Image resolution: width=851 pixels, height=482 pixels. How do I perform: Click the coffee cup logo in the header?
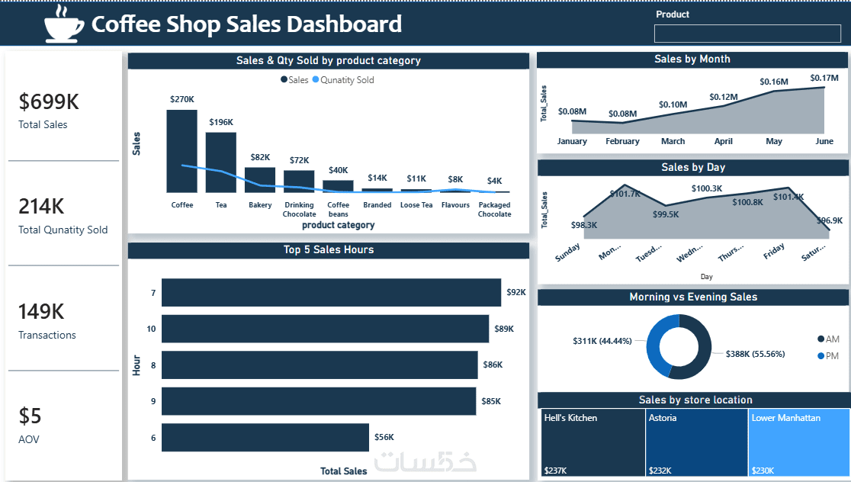[64, 24]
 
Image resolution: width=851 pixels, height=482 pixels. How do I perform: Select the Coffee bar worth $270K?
[181, 151]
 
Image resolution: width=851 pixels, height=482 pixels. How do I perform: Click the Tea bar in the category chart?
[221, 162]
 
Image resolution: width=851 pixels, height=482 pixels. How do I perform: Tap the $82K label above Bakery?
[260, 157]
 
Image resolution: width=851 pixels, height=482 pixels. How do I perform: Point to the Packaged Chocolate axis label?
[494, 210]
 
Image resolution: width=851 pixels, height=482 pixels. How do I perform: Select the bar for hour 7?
[331, 292]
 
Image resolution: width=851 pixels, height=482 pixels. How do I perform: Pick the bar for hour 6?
[265, 437]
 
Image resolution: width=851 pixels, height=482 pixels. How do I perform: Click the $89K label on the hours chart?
[504, 329]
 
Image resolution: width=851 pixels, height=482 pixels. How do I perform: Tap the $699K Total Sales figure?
[49, 102]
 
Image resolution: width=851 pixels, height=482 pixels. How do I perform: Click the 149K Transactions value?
[41, 311]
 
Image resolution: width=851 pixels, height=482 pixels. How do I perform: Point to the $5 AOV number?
[31, 416]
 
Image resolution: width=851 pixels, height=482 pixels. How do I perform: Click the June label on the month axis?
[824, 141]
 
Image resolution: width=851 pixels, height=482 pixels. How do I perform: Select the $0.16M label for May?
[774, 82]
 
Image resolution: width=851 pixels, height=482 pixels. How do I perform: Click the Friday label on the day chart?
[774, 252]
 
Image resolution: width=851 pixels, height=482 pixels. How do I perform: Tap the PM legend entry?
[828, 356]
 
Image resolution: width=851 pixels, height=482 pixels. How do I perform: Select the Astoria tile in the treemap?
[696, 443]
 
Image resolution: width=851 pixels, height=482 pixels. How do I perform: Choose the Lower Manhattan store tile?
[798, 443]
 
